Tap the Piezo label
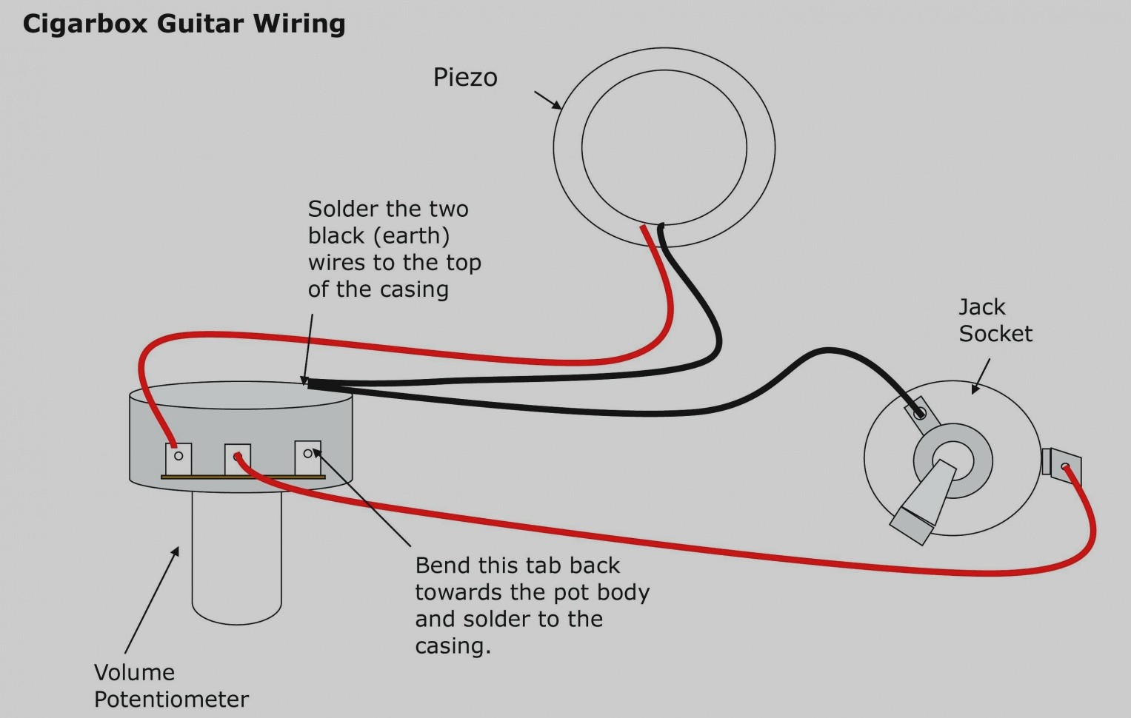[x=465, y=78]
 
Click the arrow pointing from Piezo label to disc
[x=547, y=101]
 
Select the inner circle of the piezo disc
[x=664, y=147]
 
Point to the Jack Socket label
[x=995, y=321]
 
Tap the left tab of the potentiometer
[x=179, y=459]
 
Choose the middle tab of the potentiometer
[x=237, y=460]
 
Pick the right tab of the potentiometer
[x=307, y=456]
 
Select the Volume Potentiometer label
[x=171, y=685]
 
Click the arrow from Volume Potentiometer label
[x=152, y=600]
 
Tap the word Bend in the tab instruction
[x=443, y=566]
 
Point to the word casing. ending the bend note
[x=453, y=646]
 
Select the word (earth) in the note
[x=412, y=236]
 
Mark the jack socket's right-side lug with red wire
[x=1062, y=465]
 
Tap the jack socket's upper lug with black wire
[x=918, y=411]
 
